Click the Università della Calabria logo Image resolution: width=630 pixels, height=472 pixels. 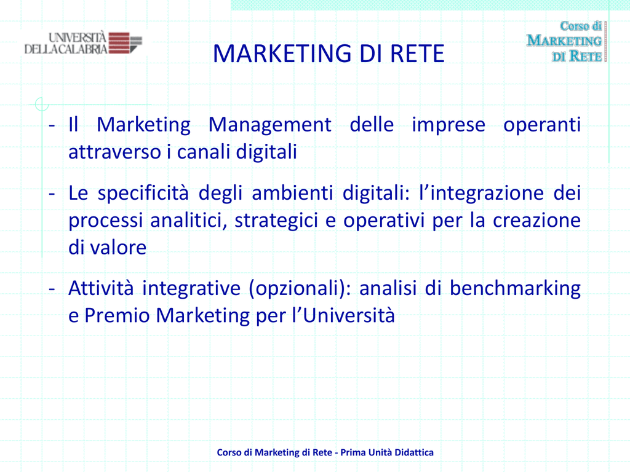pyautogui.click(x=83, y=43)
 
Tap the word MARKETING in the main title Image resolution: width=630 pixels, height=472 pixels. pyautogui.click(x=282, y=53)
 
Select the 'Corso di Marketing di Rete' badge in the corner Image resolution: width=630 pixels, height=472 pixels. pyautogui.click(x=566, y=41)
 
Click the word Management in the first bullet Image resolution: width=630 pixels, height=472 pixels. pyautogui.click(x=270, y=124)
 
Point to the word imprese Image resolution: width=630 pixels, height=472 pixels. pyautogui.click(x=449, y=125)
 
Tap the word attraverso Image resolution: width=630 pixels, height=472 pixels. pyautogui.click(x=115, y=152)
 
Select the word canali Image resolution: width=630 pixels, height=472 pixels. pyautogui.click(x=204, y=152)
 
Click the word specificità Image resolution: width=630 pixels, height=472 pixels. pyautogui.click(x=143, y=193)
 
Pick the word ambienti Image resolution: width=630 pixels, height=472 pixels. pyautogui.click(x=292, y=192)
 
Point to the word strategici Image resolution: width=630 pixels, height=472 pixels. pyautogui.click(x=276, y=221)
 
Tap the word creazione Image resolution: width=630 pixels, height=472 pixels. pyautogui.click(x=536, y=221)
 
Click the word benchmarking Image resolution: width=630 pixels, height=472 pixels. pyautogui.click(x=515, y=288)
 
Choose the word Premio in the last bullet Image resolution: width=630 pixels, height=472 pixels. pyautogui.click(x=117, y=315)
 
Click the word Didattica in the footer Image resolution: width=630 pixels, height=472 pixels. pyautogui.click(x=414, y=452)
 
